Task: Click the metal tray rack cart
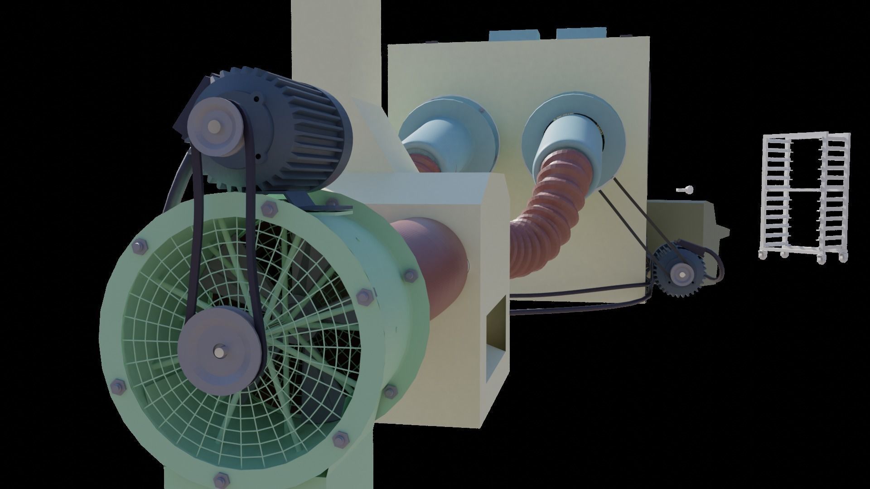[804, 197]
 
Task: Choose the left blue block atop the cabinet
[513, 36]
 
